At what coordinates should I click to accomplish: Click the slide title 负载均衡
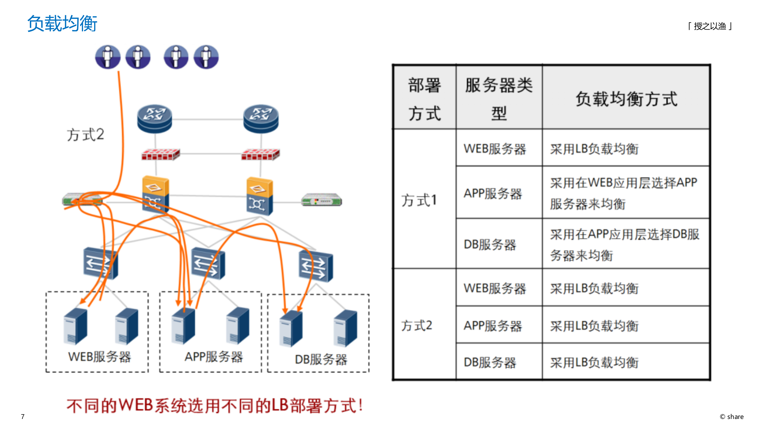point(62,24)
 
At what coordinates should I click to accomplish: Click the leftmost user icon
point(108,57)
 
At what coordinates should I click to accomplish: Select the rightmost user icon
point(206,57)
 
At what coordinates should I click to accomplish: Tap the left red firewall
point(160,154)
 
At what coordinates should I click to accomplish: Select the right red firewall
point(260,154)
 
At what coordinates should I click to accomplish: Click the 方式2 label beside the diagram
point(85,135)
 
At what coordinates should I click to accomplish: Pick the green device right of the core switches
point(322,200)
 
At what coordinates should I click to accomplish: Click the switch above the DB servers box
point(316,266)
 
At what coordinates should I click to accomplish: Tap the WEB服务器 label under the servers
point(100,357)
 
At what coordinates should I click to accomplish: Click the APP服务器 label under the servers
point(214,357)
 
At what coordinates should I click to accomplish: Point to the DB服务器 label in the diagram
point(321,360)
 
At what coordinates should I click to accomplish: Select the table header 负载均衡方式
point(626,99)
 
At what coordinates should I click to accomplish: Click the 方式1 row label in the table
point(419,200)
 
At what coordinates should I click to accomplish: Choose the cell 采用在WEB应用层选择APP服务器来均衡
point(624,193)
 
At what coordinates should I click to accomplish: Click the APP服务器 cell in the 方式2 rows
point(493,326)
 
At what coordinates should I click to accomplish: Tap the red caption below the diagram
point(215,406)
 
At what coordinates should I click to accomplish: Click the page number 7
point(23,417)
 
